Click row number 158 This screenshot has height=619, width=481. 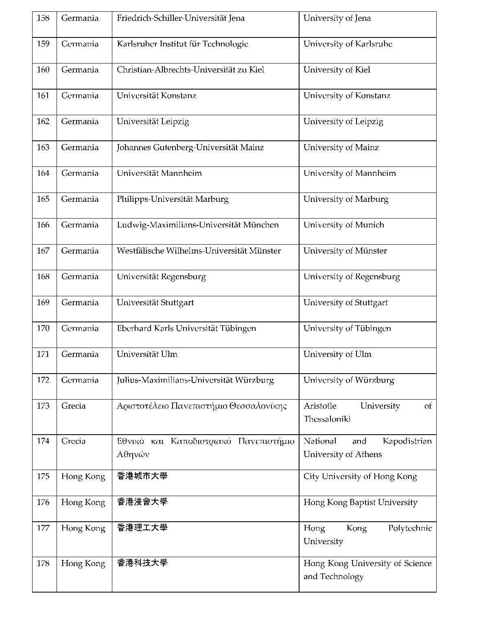(x=43, y=18)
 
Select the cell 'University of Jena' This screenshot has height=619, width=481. (x=337, y=18)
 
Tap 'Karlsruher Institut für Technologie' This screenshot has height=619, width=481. (x=182, y=44)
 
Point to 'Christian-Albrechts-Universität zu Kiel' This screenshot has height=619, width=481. (x=190, y=70)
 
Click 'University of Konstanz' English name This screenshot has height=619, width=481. (x=347, y=96)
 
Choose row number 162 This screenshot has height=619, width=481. (x=43, y=122)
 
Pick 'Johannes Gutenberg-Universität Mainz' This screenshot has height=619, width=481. (x=190, y=147)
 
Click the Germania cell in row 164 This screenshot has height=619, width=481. (x=80, y=173)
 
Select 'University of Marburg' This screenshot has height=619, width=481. (x=346, y=199)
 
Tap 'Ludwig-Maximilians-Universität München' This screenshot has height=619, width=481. (x=198, y=225)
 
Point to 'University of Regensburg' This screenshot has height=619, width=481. (x=352, y=277)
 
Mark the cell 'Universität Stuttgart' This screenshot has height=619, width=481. (x=155, y=302)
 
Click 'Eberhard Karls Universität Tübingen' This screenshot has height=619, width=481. (x=186, y=328)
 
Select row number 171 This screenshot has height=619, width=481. (x=43, y=354)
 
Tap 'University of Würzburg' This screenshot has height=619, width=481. (x=349, y=380)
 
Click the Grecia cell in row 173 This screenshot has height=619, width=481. (x=73, y=406)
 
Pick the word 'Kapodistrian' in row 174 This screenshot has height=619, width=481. (x=407, y=441)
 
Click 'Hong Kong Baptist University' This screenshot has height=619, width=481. (x=360, y=503)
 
